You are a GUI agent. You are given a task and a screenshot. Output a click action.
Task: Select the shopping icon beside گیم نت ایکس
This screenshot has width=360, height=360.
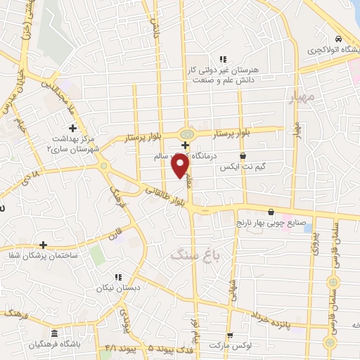[243, 156]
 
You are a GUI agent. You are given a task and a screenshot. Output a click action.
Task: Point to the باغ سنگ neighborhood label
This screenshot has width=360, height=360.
[195, 255]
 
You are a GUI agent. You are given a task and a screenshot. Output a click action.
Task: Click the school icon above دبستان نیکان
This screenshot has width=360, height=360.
[118, 277]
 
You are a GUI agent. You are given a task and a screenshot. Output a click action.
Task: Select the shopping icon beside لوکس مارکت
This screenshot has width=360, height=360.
[230, 335]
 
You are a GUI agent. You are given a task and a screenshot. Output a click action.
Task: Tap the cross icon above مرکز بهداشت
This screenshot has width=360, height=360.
[73, 127]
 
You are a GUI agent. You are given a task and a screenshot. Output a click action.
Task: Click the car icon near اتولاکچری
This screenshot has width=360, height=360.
[339, 39]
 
